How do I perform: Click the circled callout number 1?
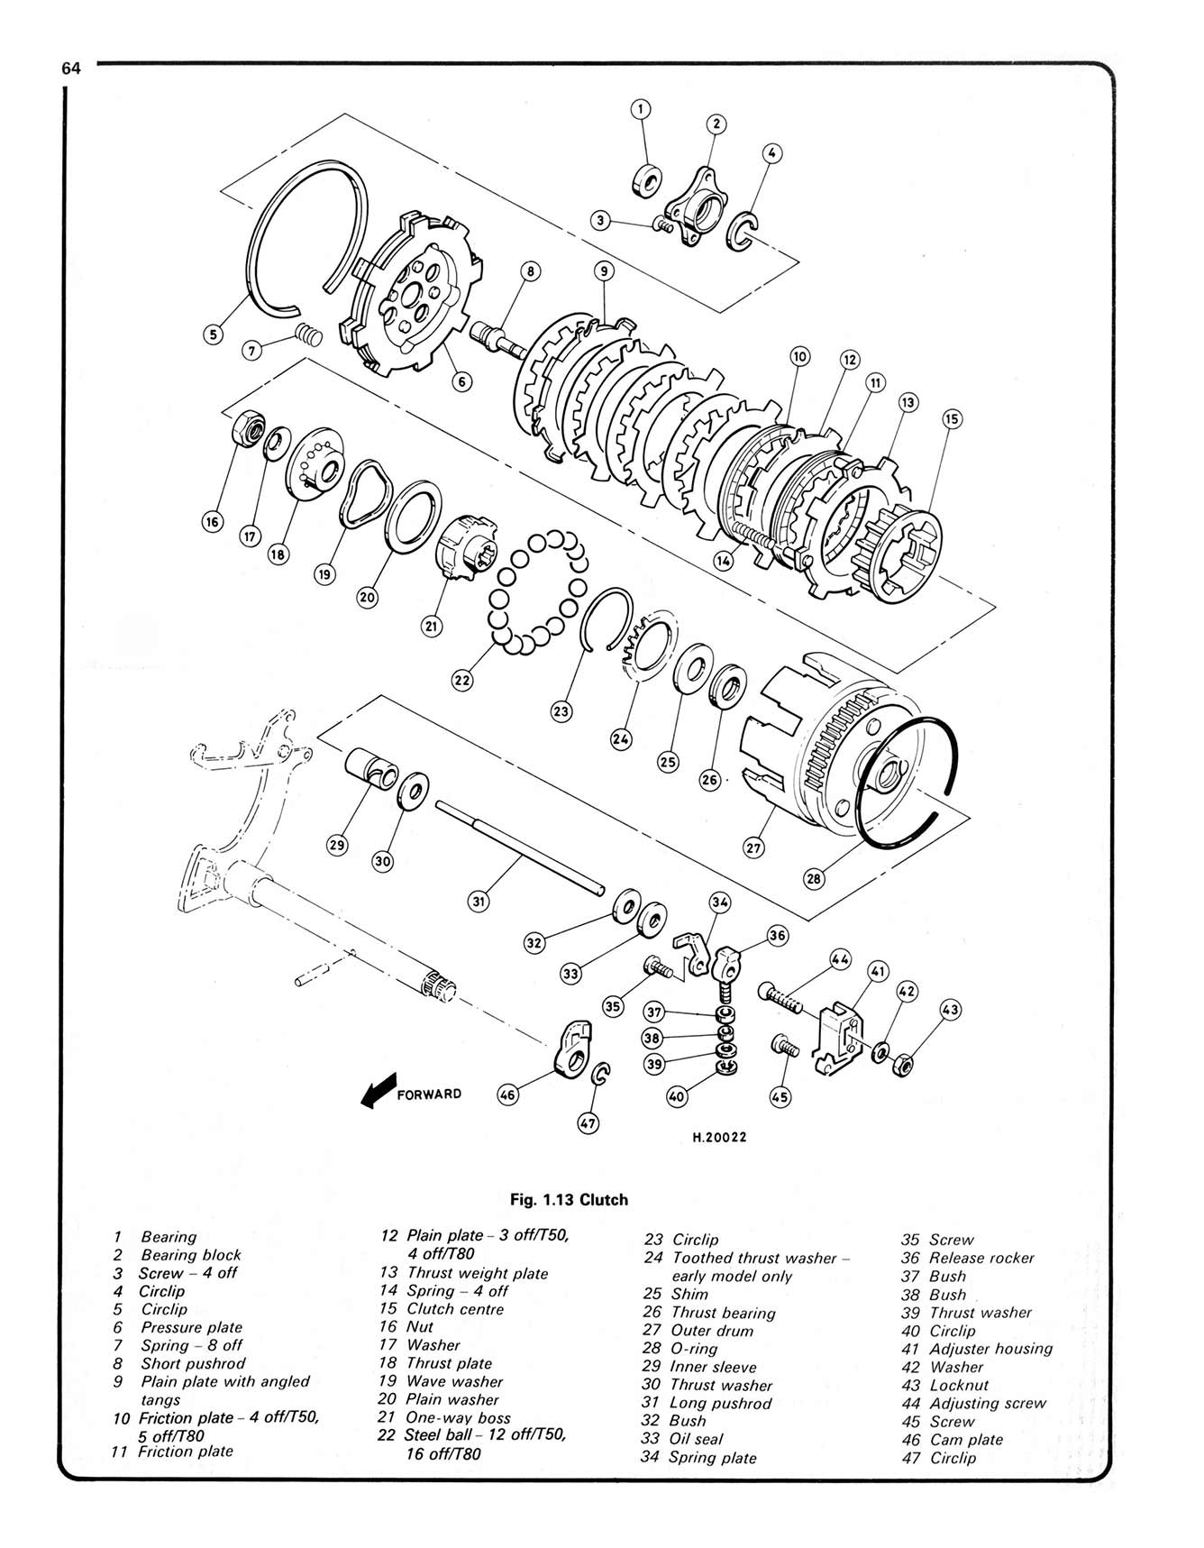[641, 109]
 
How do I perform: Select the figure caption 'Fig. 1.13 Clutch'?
[569, 1200]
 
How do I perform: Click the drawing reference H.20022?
[719, 1137]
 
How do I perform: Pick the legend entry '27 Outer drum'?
[698, 1331]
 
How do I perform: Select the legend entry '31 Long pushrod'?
[707, 1403]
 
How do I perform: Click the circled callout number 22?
[462, 681]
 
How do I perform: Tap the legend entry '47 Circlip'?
[938, 1458]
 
